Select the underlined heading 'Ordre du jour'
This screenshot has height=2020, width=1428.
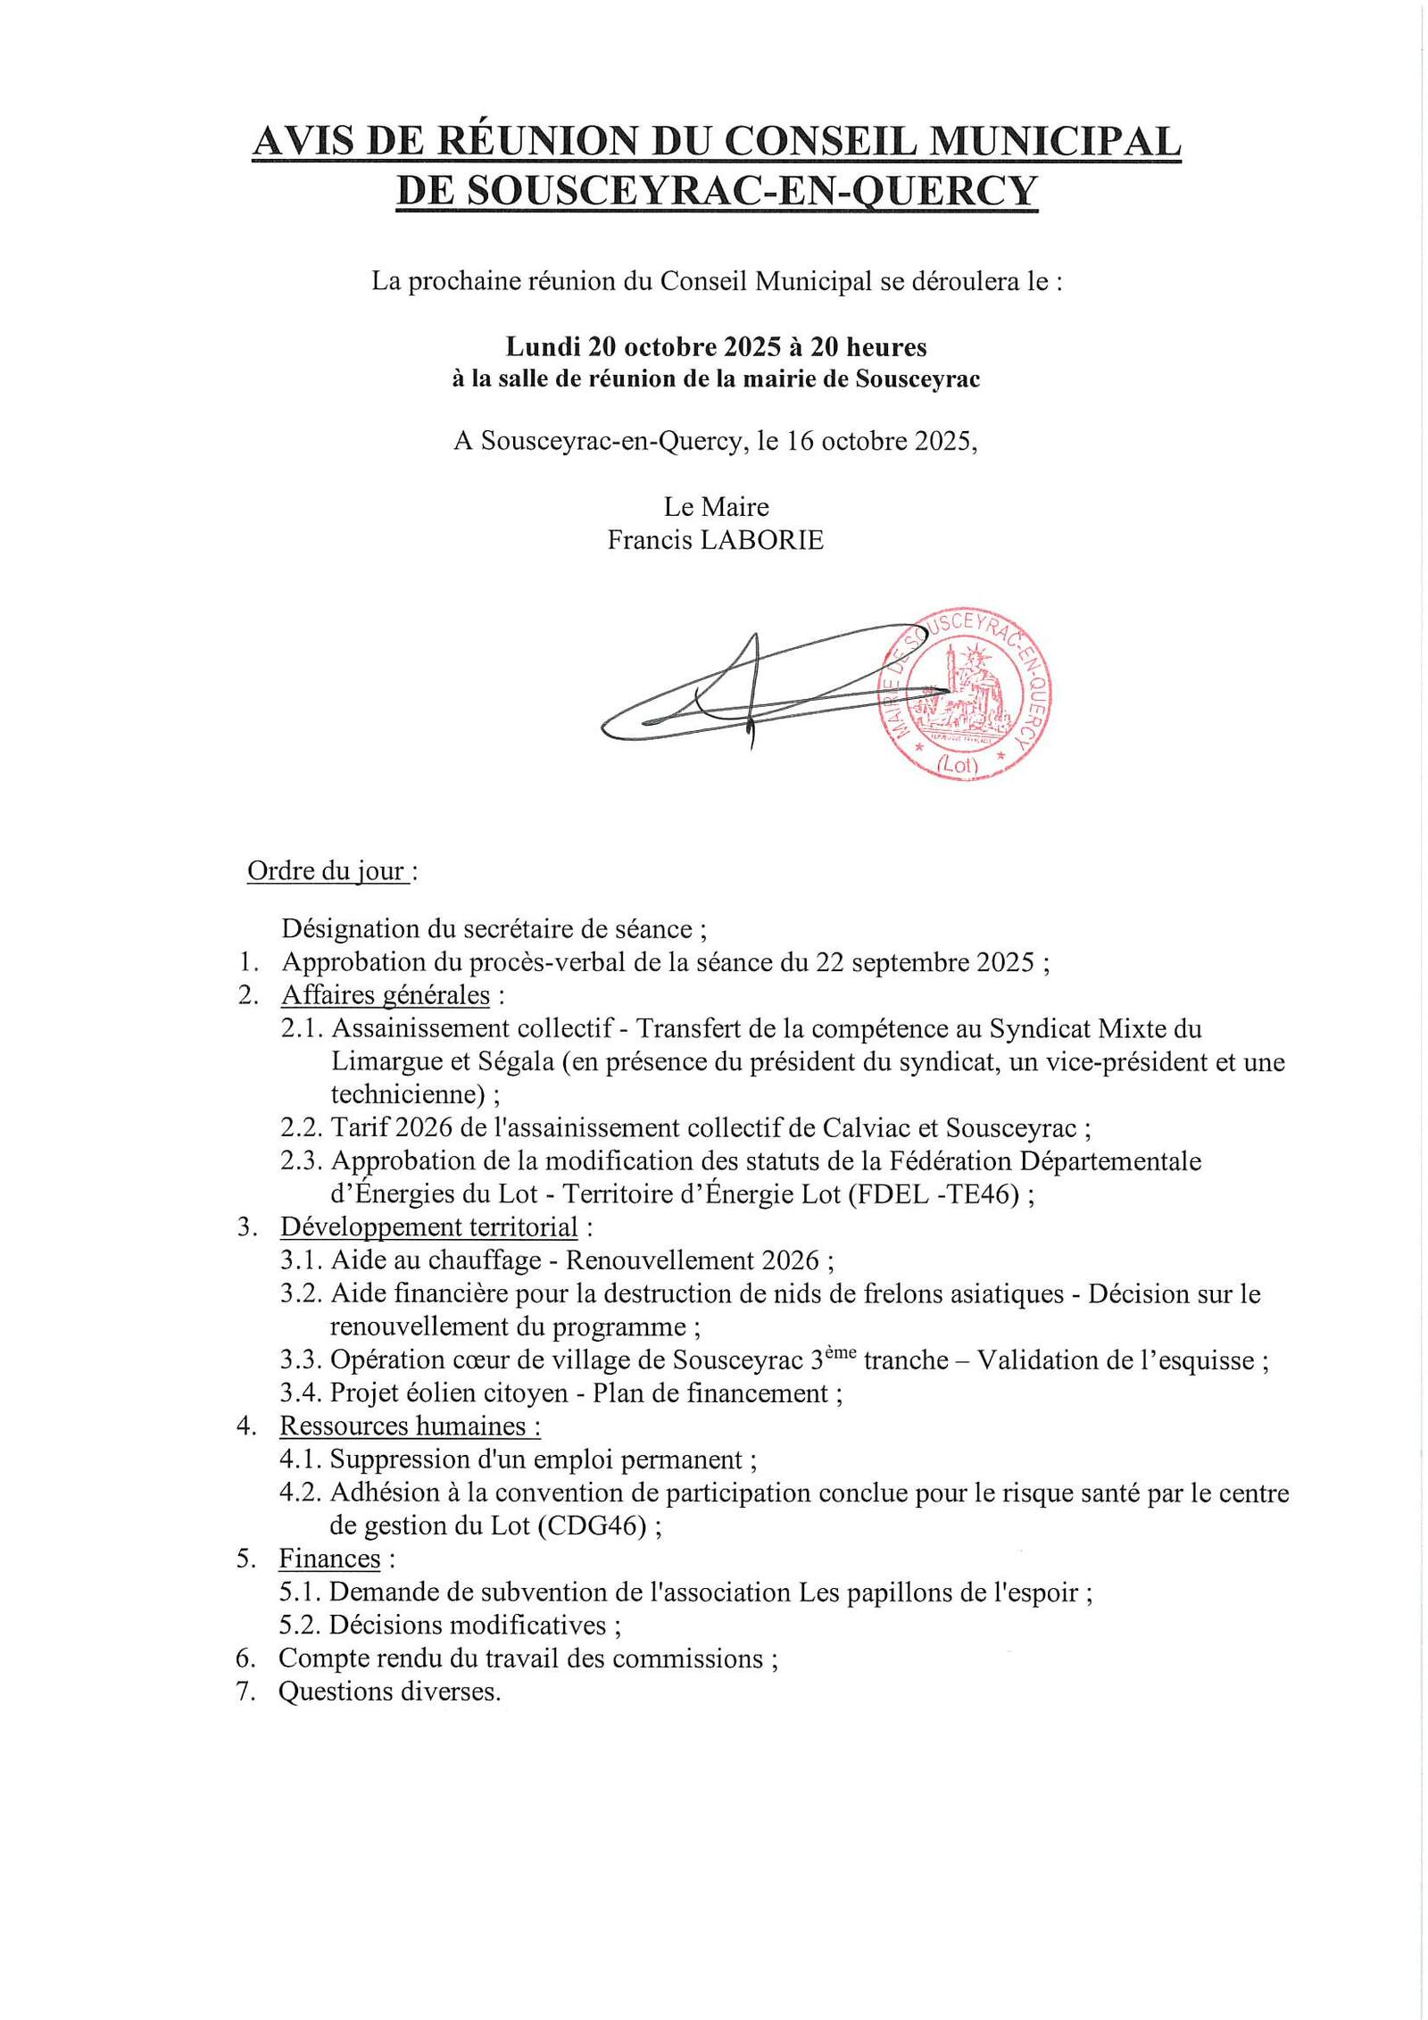click(x=327, y=870)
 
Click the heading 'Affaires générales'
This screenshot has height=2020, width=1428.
click(x=386, y=994)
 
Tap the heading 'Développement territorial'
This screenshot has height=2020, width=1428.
click(x=428, y=1226)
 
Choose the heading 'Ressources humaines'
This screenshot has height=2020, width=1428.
click(x=409, y=1426)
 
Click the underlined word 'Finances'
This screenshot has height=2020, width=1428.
click(x=329, y=1559)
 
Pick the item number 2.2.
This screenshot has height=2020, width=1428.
click(x=301, y=1127)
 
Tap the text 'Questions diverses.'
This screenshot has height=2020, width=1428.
click(x=389, y=1692)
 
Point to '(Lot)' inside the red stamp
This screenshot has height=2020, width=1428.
click(x=958, y=764)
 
